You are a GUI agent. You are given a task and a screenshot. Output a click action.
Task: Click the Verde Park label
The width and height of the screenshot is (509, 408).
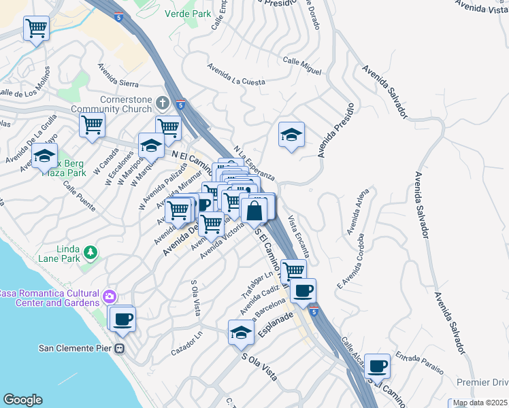click(187, 13)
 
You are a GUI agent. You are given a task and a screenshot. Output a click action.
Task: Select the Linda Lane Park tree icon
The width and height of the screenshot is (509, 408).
click(90, 254)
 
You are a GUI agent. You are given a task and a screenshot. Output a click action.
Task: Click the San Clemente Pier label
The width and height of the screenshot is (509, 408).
click(75, 349)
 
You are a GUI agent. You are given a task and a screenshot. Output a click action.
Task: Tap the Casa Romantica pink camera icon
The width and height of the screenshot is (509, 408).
click(109, 296)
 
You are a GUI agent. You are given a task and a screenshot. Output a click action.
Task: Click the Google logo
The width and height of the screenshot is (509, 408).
click(22, 400)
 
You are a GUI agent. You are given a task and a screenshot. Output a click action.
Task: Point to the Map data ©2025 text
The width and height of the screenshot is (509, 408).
click(480, 403)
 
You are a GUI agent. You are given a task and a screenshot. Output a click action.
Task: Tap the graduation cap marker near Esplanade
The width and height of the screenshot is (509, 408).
click(241, 333)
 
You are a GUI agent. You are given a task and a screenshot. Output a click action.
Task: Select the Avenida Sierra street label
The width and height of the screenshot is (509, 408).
click(118, 76)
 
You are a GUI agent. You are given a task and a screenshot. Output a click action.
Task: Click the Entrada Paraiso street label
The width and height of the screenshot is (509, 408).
click(418, 363)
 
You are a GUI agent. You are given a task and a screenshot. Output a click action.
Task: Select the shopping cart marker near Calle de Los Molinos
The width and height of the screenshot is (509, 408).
click(36, 29)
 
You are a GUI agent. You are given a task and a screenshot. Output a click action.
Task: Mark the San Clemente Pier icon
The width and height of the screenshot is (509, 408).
click(120, 349)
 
